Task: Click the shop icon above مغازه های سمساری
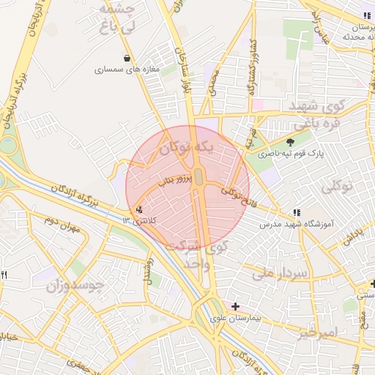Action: pos(128,58)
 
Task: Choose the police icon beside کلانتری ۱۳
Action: pos(140,209)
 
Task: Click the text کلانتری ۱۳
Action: pos(137,220)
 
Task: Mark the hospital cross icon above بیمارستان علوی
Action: pos(234,306)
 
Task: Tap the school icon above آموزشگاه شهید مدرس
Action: pos(296,212)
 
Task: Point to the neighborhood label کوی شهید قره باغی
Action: pos(322,114)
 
